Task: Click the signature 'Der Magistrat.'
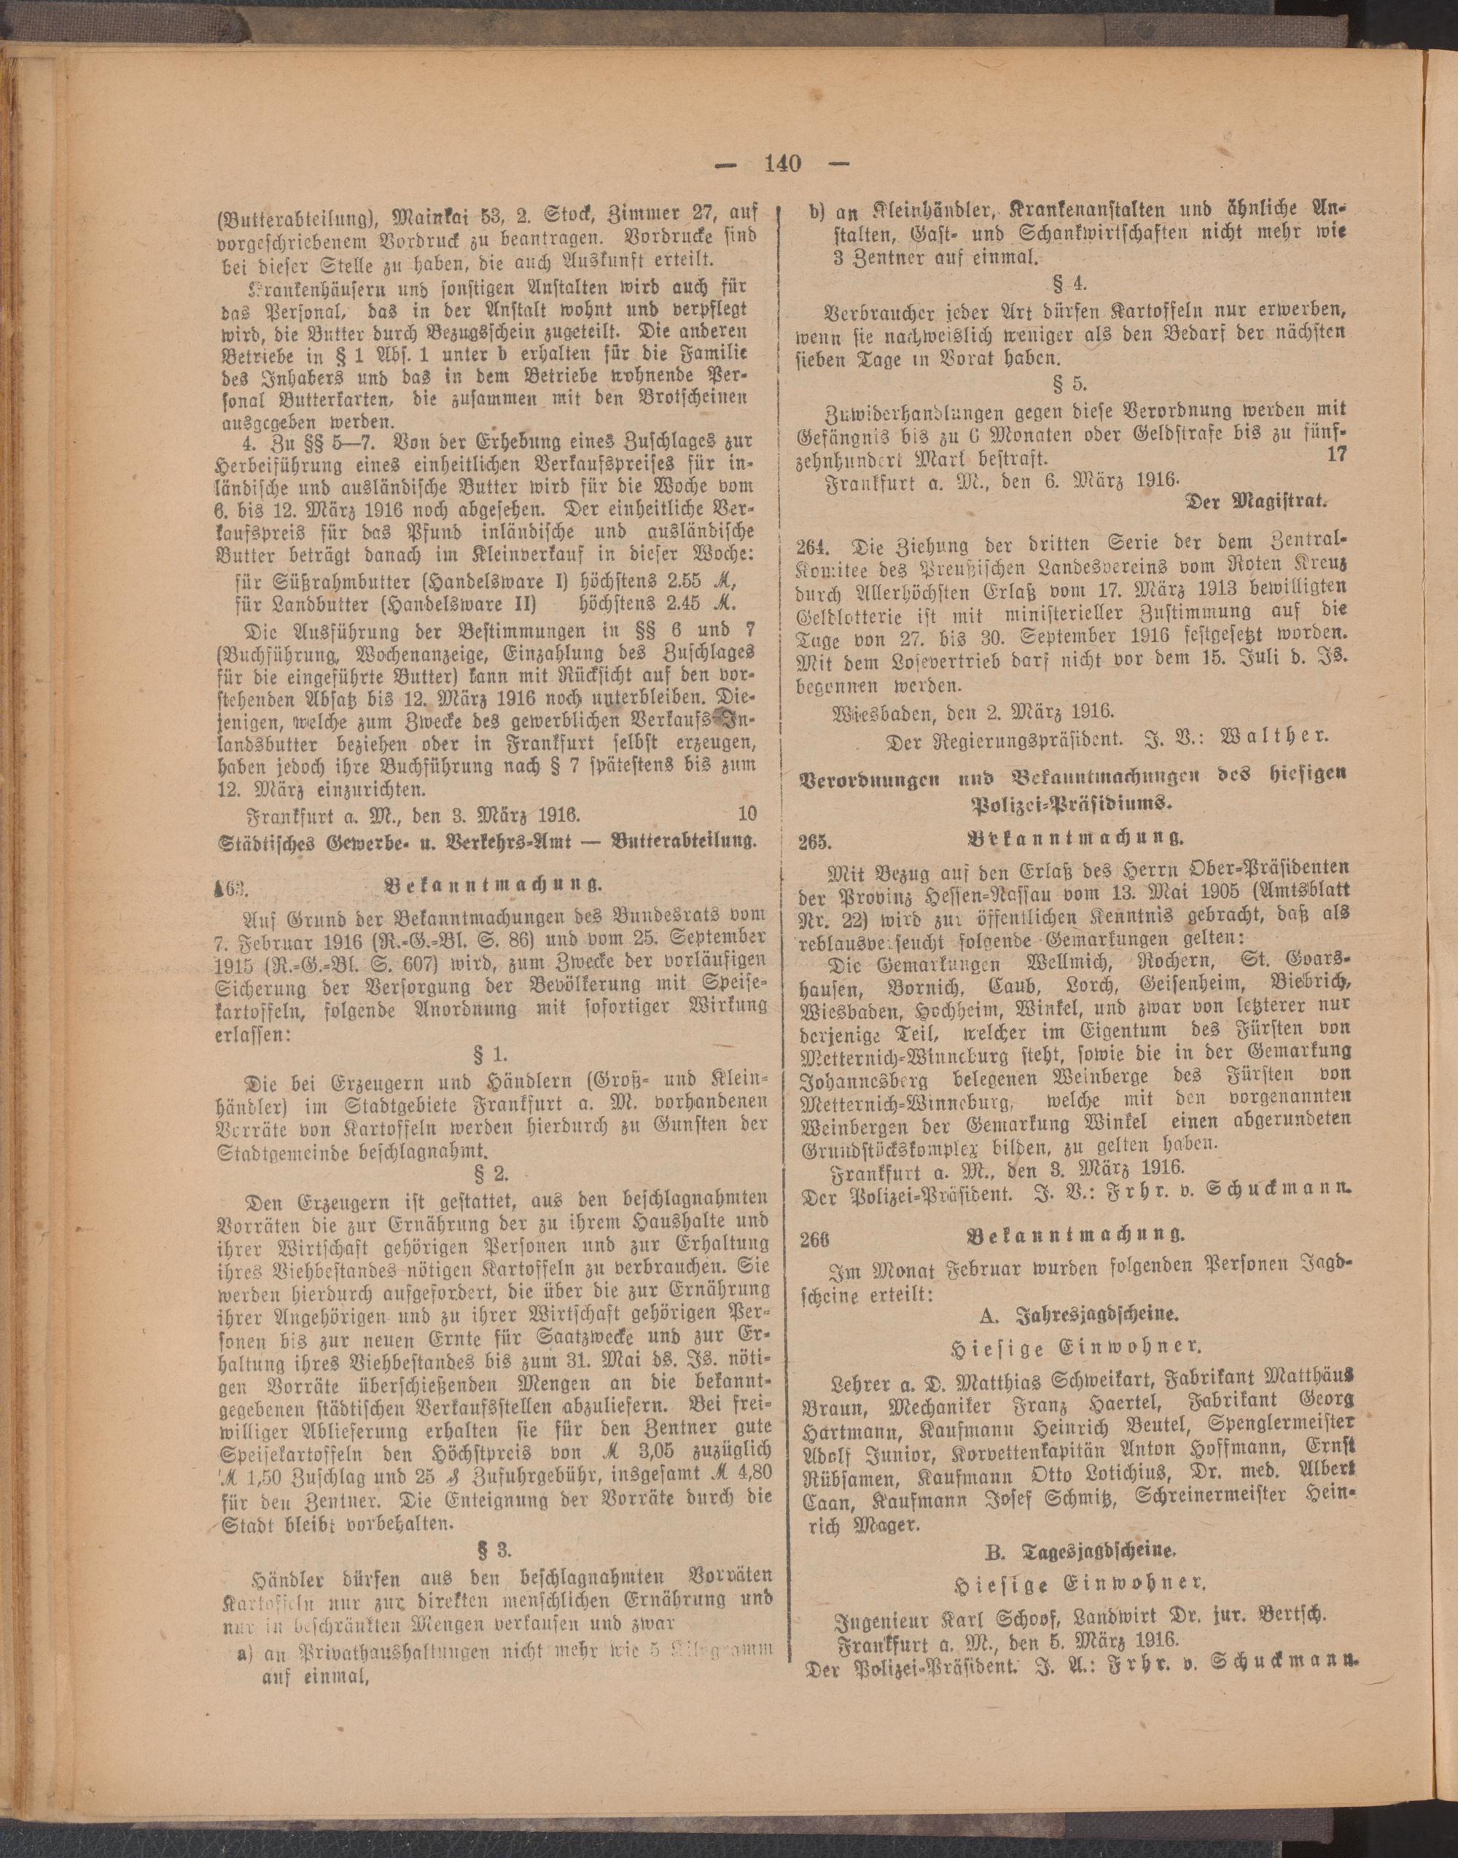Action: [x=1258, y=503]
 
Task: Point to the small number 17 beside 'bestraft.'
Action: [x=1336, y=455]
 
